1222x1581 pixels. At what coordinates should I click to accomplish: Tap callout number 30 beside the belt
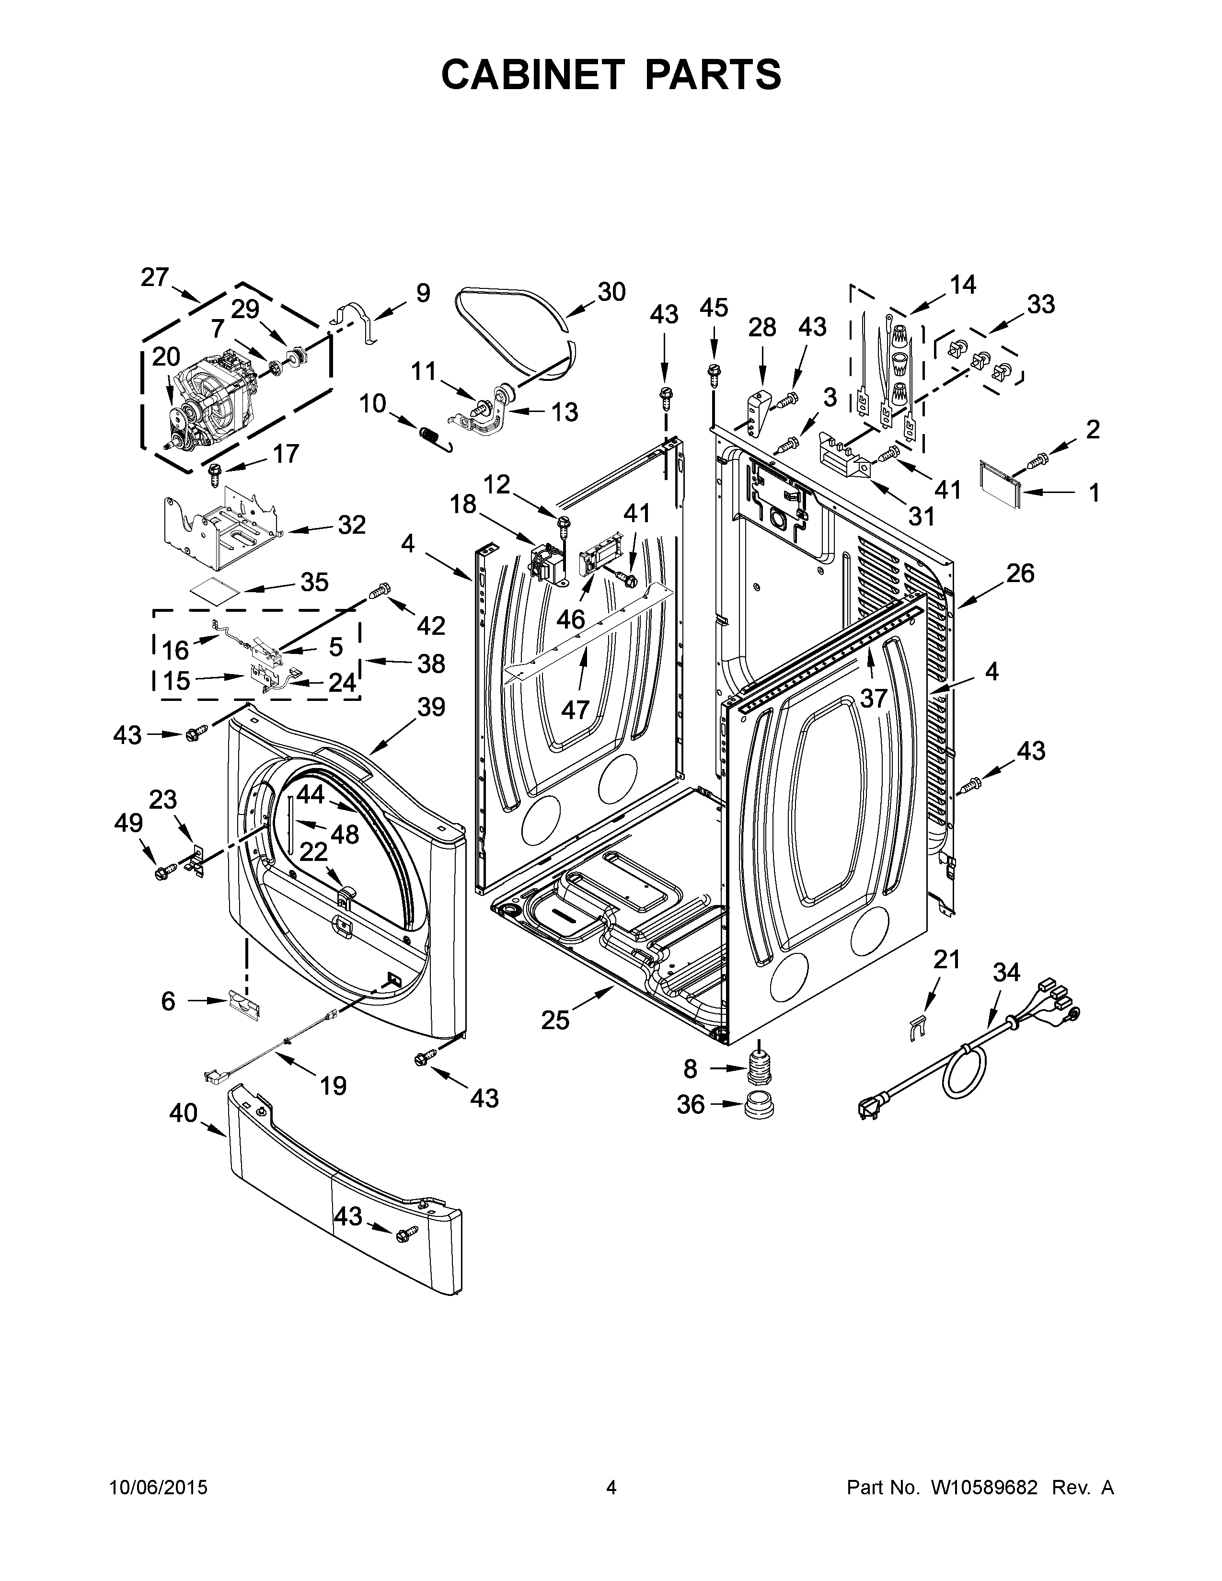[x=611, y=292]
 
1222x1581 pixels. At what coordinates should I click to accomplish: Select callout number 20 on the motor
[x=166, y=357]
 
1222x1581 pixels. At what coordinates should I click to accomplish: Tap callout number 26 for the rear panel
[x=1019, y=573]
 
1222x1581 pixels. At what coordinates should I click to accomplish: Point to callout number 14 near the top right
[x=962, y=285]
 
